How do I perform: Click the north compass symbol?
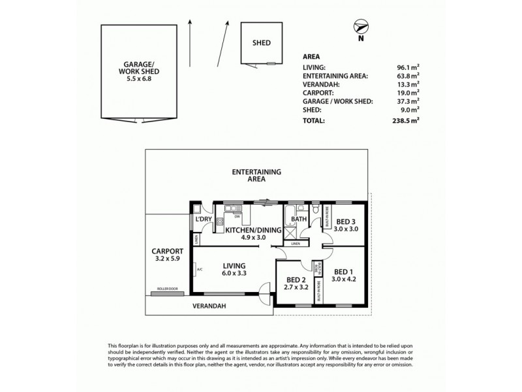point(360,27)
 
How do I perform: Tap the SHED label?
point(262,44)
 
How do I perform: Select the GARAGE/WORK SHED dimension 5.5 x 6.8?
point(142,78)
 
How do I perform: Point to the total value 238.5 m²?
point(404,121)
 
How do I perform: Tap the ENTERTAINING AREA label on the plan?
point(256,175)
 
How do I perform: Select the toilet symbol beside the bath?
point(315,210)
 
